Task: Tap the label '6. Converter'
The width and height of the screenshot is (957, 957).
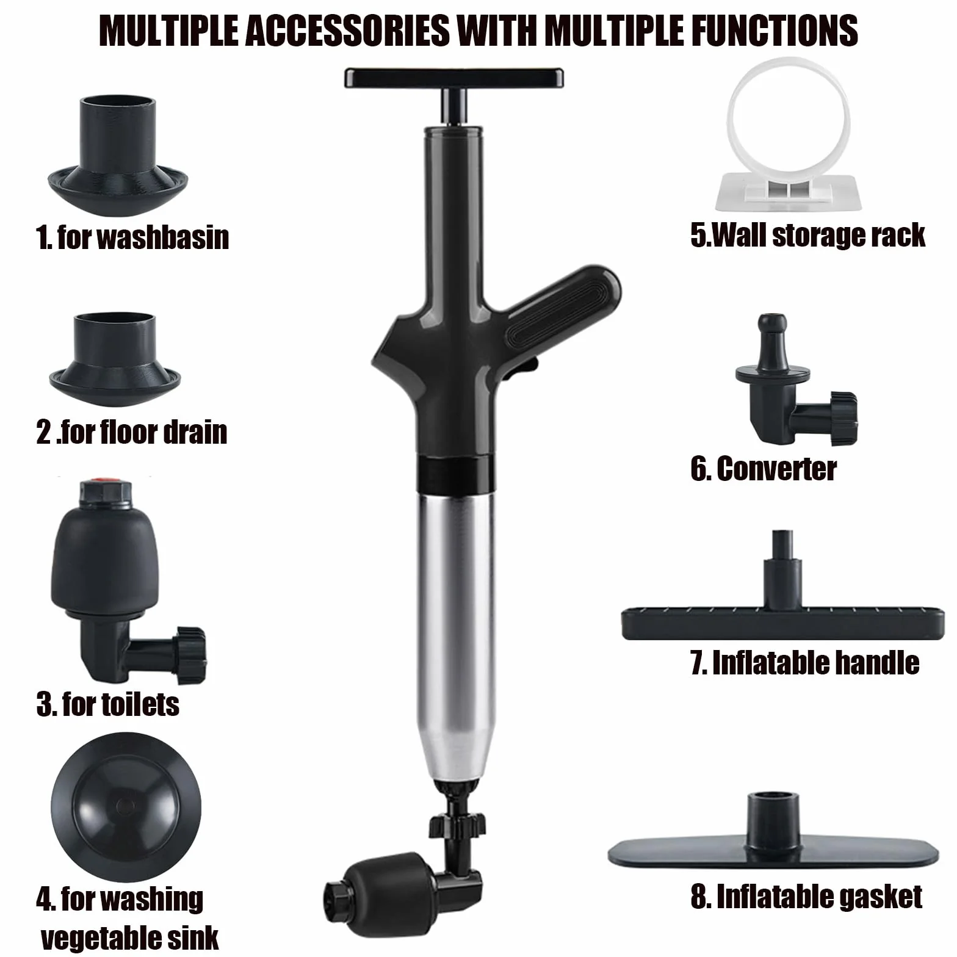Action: (x=764, y=468)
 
